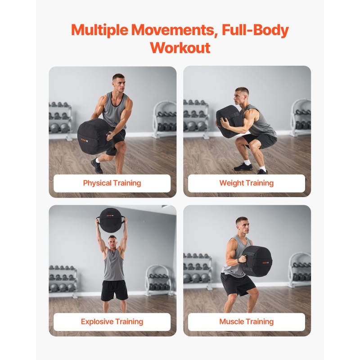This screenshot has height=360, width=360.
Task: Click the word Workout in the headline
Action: [180, 48]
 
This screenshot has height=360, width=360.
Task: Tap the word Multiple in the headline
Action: [99, 30]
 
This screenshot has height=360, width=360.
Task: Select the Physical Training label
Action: [112, 183]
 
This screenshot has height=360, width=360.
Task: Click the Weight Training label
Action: [246, 183]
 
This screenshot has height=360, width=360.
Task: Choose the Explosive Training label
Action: [112, 322]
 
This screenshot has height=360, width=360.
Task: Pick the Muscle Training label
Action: [246, 322]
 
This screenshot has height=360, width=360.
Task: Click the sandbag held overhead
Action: [111, 220]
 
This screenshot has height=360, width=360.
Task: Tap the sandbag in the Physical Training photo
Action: [94, 136]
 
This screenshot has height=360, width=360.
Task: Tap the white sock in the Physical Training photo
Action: [98, 160]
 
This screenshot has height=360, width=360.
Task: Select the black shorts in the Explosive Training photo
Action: [114, 290]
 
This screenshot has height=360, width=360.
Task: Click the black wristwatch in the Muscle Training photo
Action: [239, 261]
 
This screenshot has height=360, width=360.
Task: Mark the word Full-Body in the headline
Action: [255, 30]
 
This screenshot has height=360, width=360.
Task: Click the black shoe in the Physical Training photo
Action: [97, 166]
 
